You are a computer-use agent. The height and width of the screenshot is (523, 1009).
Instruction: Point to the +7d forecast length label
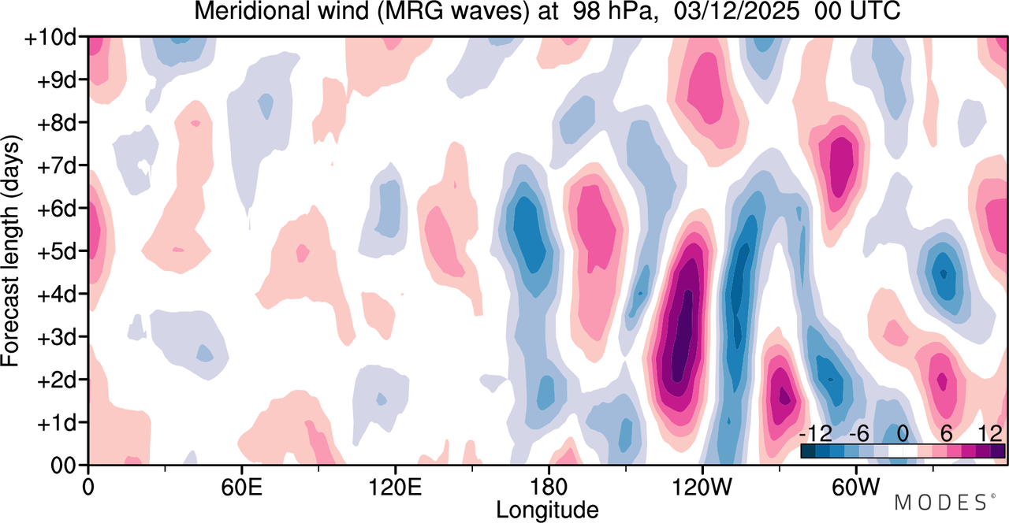[x=56, y=166]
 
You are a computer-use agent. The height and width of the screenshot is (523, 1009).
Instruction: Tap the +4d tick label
[x=56, y=295]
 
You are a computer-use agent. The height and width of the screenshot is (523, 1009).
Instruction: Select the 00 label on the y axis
[x=63, y=466]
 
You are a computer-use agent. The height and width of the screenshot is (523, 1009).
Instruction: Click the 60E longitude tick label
[x=241, y=487]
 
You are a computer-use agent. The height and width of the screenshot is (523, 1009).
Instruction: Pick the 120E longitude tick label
[x=395, y=487]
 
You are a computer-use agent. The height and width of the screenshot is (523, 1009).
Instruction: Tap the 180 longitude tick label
[x=549, y=487]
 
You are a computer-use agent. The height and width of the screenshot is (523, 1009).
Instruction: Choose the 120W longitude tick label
[x=702, y=487]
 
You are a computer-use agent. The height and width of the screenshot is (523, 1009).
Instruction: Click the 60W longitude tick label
[x=855, y=487]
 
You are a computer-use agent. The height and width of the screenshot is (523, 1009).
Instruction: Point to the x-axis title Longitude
[x=547, y=510]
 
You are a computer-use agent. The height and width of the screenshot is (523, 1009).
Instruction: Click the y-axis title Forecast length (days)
[x=11, y=250]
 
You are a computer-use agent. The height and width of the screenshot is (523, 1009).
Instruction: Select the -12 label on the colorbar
[x=816, y=434]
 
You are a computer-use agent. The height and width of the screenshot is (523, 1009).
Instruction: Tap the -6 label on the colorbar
[x=858, y=434]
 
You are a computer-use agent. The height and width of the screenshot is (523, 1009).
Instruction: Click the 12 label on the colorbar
[x=990, y=434]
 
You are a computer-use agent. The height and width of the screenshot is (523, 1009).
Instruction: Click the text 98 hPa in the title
[x=613, y=11]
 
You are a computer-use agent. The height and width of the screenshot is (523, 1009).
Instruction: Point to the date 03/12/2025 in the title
[x=737, y=11]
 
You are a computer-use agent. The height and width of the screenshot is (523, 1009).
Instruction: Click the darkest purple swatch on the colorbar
[x=997, y=451]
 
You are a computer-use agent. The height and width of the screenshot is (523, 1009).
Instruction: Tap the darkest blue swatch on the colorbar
[x=809, y=451]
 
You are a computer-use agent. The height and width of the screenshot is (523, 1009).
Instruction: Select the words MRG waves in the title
[x=453, y=11]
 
